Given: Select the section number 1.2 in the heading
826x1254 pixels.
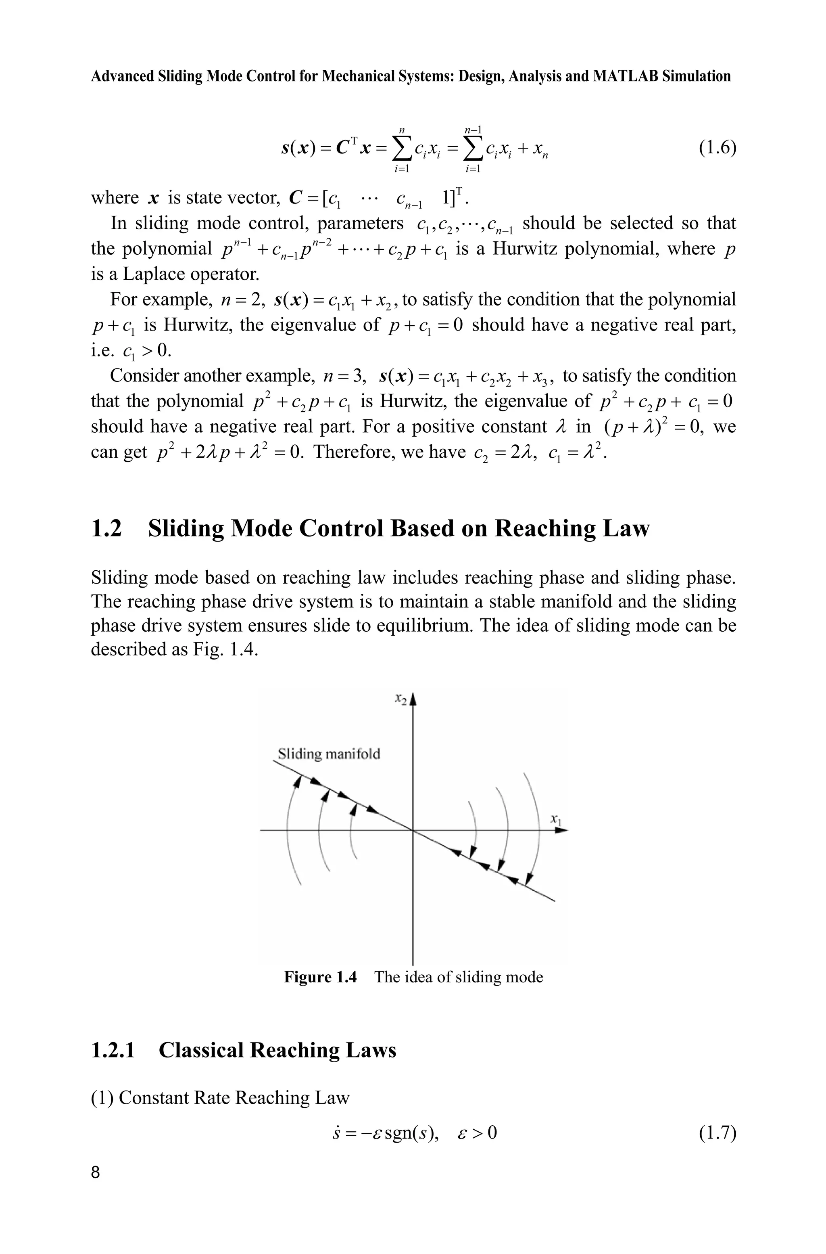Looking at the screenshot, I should (106, 528).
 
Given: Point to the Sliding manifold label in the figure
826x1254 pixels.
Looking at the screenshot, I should (329, 754).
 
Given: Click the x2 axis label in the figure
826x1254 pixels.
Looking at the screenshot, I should (400, 699).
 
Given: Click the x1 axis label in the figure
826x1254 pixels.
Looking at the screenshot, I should (556, 819).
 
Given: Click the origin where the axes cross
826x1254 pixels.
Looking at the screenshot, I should (413, 831).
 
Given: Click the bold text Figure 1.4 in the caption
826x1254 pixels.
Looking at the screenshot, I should (320, 977).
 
